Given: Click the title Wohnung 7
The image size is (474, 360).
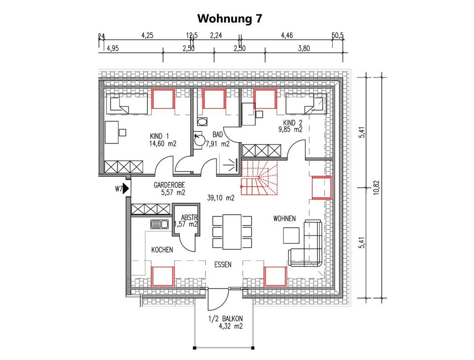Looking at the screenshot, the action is (230, 18).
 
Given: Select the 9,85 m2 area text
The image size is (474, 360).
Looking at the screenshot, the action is (290, 129).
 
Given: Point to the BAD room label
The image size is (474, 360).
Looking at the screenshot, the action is (218, 134).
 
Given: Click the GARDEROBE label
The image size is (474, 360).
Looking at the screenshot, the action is (170, 184).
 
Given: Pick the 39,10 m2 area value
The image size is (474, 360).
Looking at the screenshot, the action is (221, 198).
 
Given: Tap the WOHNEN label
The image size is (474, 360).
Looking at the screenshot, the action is (284, 218).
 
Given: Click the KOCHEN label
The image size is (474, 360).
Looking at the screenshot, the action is (162, 250).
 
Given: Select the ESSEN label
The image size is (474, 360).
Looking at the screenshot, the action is (223, 265).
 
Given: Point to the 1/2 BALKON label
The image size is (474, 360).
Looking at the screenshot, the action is (226, 319).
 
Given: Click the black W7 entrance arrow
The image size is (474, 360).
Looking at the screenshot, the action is (126, 189).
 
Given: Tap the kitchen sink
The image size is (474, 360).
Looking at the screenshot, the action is (159, 224).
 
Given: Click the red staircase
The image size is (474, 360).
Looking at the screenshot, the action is (259, 178).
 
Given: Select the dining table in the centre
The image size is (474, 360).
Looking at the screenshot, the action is (232, 232).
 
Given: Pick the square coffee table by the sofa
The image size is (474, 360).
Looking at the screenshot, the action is (291, 235).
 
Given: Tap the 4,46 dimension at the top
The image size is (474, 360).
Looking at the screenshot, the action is (287, 36).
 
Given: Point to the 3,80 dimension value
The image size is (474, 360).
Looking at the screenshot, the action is (304, 48).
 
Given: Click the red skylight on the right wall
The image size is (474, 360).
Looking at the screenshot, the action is (322, 188).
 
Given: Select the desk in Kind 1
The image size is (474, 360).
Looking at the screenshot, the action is (112, 132).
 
